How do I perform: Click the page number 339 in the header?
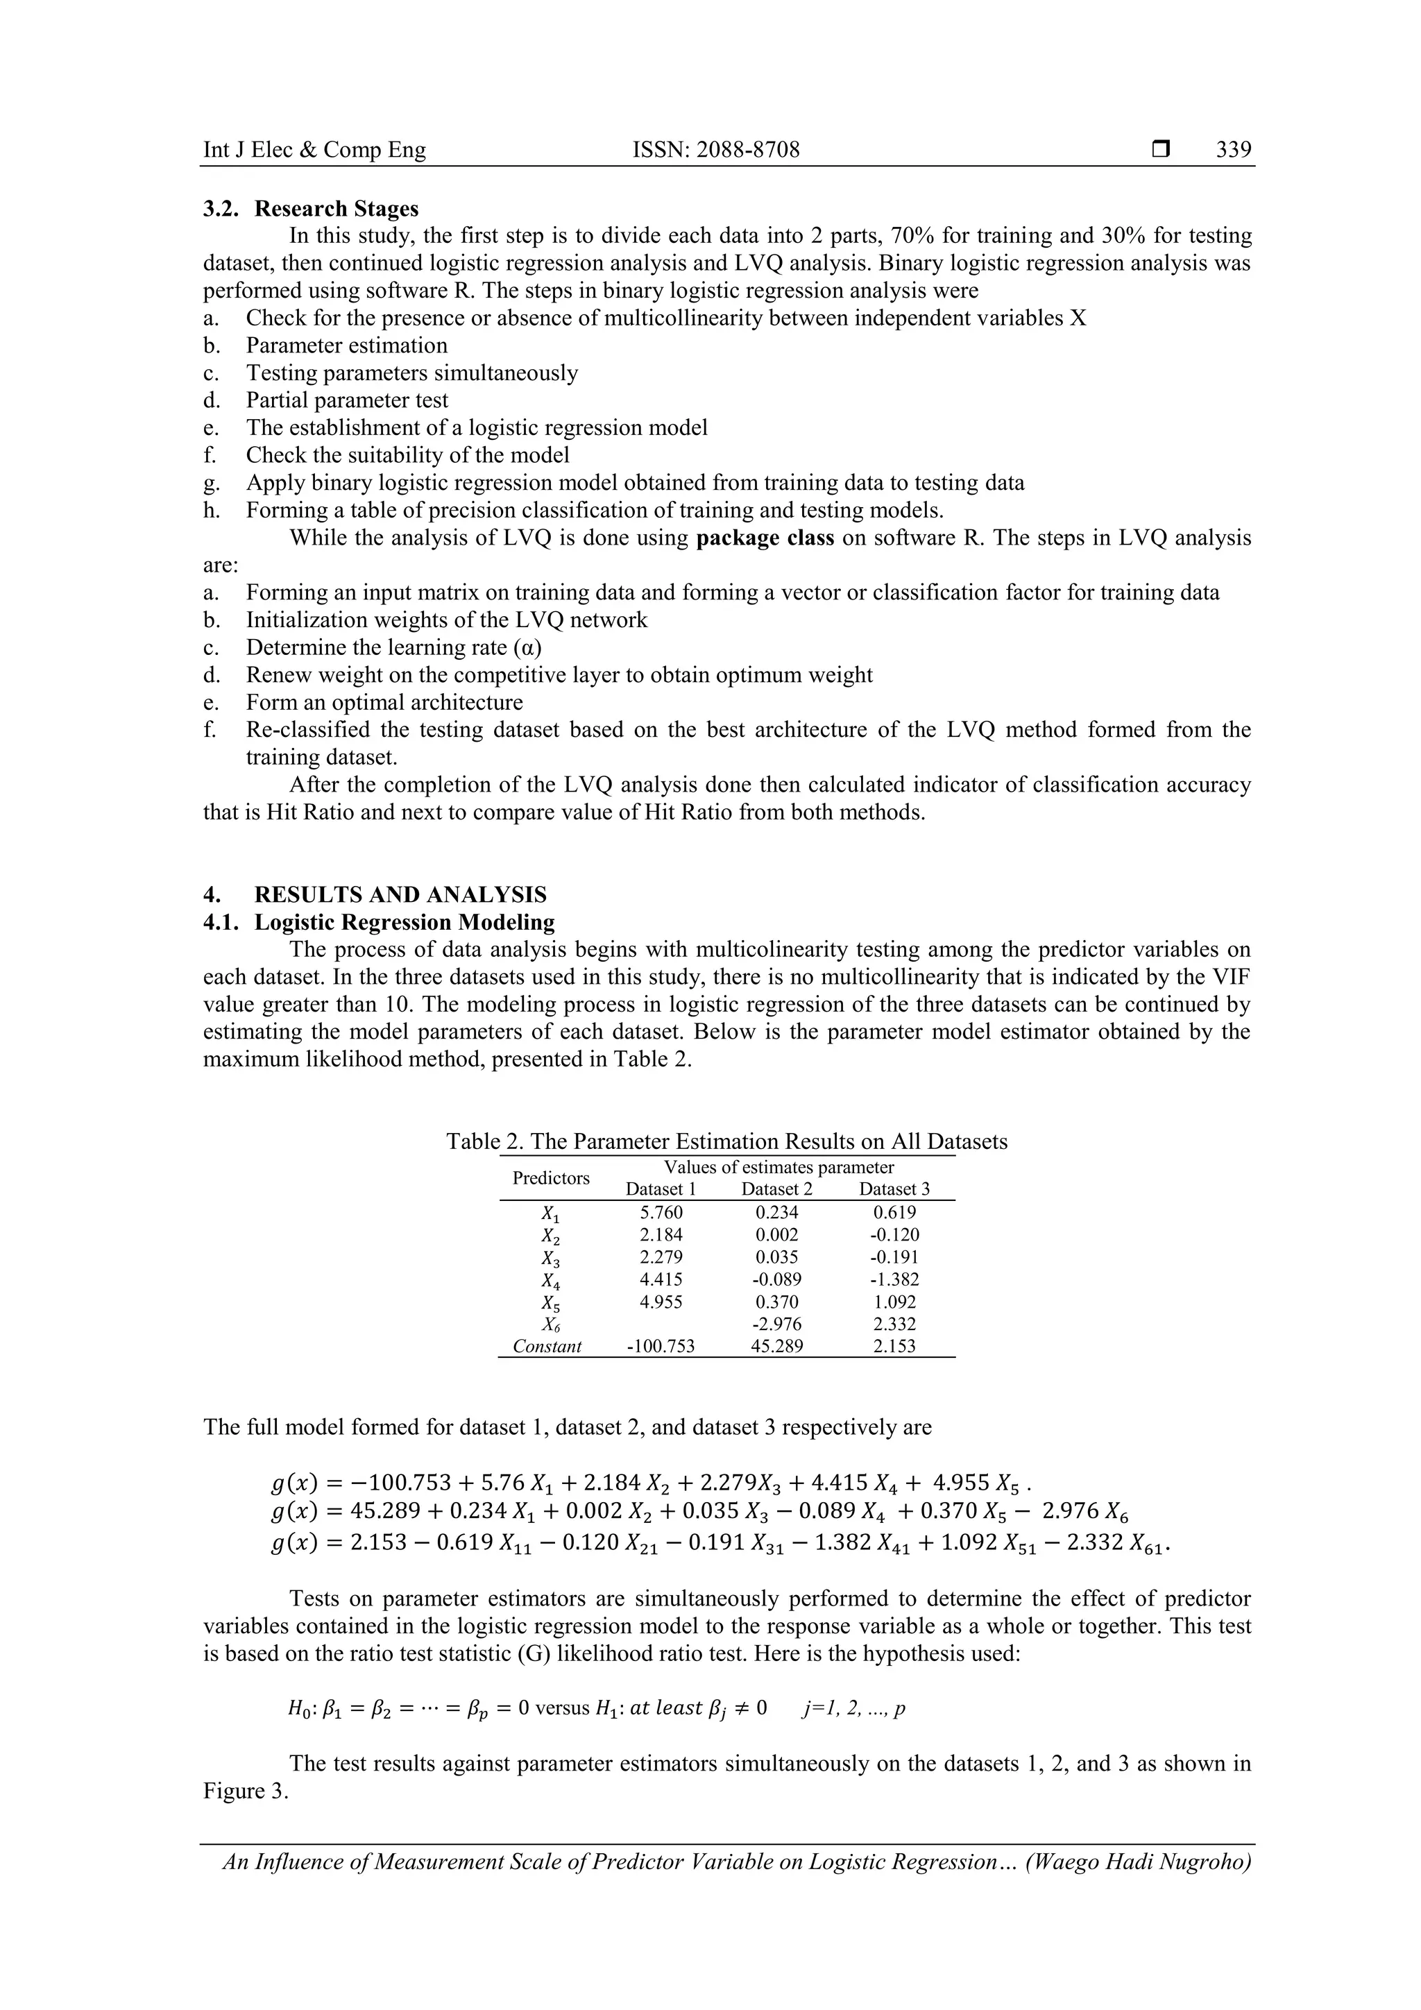pyautogui.click(x=1234, y=150)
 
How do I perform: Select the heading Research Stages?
pyautogui.click(x=337, y=210)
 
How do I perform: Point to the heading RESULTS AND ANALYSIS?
pyautogui.click(x=400, y=895)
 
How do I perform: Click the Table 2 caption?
pyautogui.click(x=726, y=1141)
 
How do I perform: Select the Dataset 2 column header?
pyautogui.click(x=776, y=1189)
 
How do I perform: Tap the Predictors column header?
pyautogui.click(x=551, y=1178)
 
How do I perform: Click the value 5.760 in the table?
pyautogui.click(x=661, y=1213)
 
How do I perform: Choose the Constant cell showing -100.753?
pyautogui.click(x=661, y=1347)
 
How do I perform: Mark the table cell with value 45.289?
pyautogui.click(x=776, y=1347)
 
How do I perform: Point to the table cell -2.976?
pyautogui.click(x=776, y=1324)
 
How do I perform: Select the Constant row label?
pyautogui.click(x=547, y=1347)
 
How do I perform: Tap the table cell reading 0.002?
pyautogui.click(x=776, y=1235)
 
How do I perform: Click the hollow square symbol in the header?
pyautogui.click(x=1161, y=151)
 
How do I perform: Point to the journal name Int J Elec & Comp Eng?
pyautogui.click(x=314, y=150)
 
